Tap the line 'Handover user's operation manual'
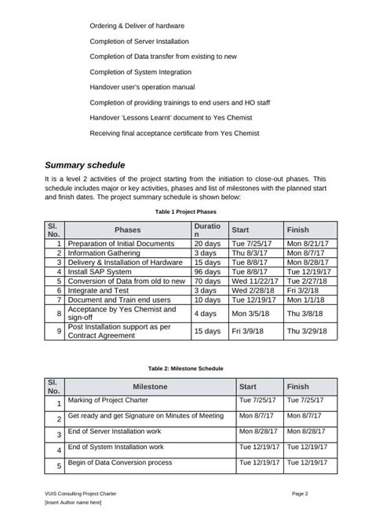pyautogui.click(x=142, y=86)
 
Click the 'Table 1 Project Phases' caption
pyautogui.click(x=185, y=212)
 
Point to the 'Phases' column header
pyautogui.click(x=128, y=230)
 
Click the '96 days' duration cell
pyautogui.click(x=206, y=271)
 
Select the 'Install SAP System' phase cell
pyautogui.click(x=99, y=271)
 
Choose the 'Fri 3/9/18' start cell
pyautogui.click(x=246, y=332)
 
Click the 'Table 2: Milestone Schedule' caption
pyautogui.click(x=186, y=367)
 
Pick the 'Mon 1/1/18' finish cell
pyautogui.click(x=305, y=300)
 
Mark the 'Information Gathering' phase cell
pyautogui.click(x=105, y=253)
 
